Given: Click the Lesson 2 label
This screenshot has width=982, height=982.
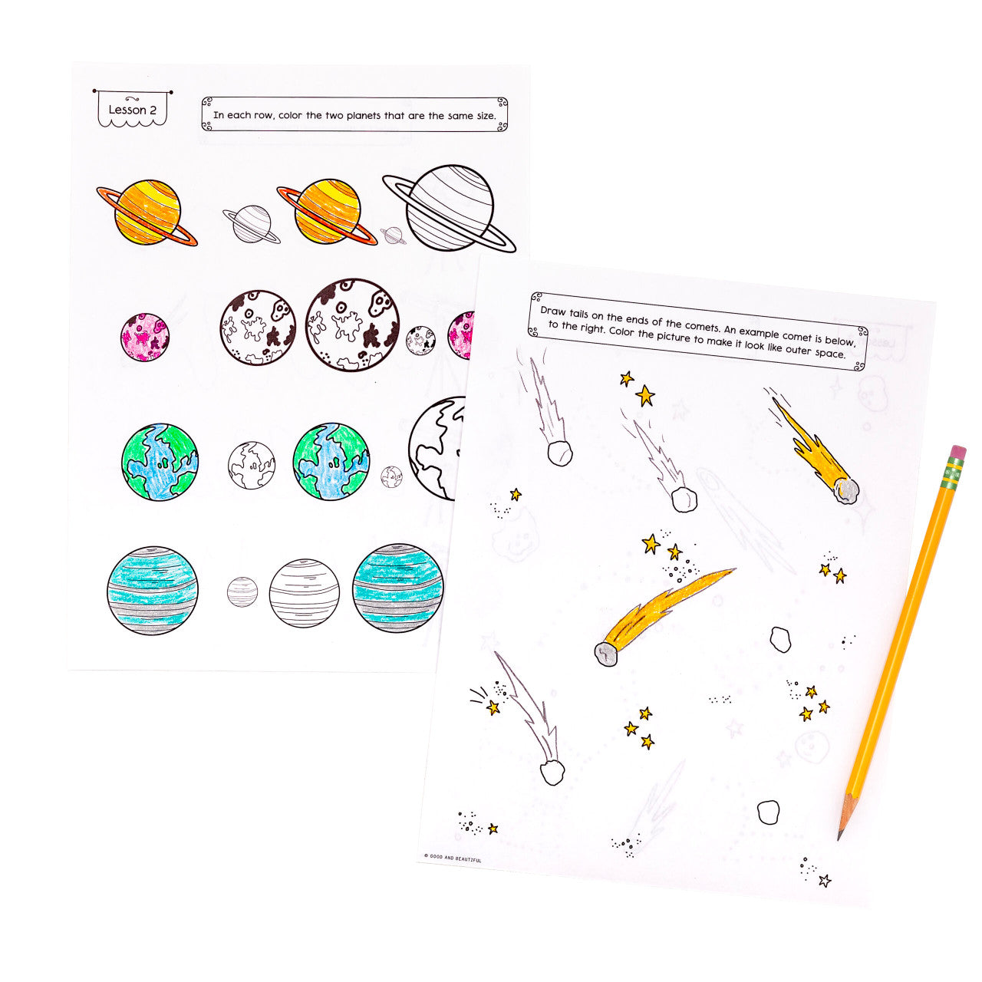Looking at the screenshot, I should pyautogui.click(x=132, y=110).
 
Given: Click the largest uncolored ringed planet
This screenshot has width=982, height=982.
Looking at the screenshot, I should pyautogui.click(x=450, y=207).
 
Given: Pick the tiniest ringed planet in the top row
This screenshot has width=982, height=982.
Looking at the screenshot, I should pyautogui.click(x=393, y=235).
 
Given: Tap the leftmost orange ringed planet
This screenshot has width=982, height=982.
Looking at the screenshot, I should pyautogui.click(x=147, y=213).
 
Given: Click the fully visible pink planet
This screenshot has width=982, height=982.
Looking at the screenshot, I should pyautogui.click(x=144, y=337).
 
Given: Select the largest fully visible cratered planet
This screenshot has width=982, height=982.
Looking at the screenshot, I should pyautogui.click(x=352, y=325).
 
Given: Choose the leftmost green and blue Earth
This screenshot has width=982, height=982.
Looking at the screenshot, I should pyautogui.click(x=160, y=462).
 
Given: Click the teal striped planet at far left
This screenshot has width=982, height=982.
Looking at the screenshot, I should pyautogui.click(x=152, y=590).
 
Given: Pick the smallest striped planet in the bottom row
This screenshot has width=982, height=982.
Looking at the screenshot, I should pyautogui.click(x=242, y=592).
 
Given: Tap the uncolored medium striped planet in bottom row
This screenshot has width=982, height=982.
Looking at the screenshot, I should pyautogui.click(x=304, y=593).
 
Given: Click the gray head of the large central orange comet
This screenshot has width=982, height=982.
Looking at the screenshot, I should pyautogui.click(x=606, y=654).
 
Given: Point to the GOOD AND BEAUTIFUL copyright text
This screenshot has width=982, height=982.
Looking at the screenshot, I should pyautogui.click(x=453, y=858).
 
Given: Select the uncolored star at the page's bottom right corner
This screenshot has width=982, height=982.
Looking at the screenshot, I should pyautogui.click(x=824, y=880).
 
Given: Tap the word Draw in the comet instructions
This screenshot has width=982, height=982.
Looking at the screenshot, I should pyautogui.click(x=553, y=310).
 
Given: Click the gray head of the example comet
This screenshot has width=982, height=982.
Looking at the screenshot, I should pyautogui.click(x=846, y=491).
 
